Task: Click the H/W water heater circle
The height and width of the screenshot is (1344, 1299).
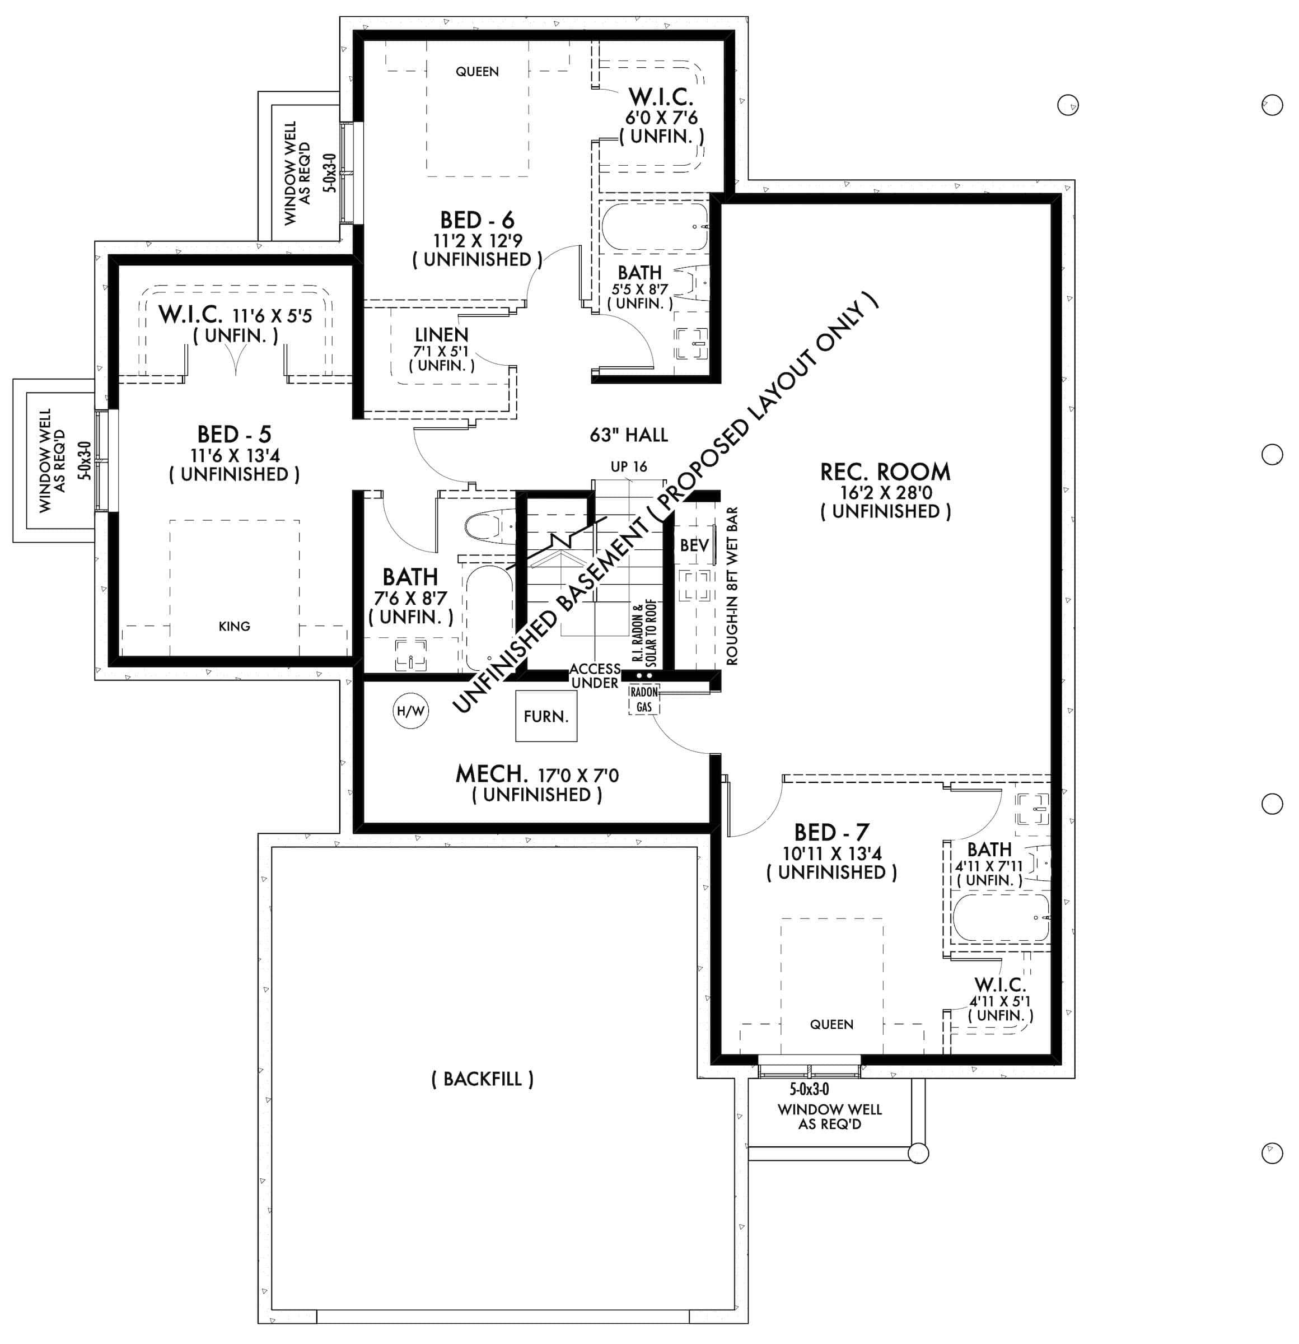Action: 410,711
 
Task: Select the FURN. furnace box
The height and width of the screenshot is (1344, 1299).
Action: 546,716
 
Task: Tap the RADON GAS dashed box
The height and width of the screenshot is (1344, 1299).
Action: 644,699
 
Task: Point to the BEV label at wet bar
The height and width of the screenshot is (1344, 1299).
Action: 694,545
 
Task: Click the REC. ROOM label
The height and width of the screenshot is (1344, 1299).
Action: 885,472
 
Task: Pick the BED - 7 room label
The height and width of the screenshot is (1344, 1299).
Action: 831,832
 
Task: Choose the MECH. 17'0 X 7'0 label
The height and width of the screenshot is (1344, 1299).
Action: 537,775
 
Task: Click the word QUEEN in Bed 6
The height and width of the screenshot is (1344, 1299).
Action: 477,71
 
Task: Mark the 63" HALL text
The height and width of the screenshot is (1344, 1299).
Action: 629,435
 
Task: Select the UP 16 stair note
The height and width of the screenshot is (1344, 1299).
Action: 629,467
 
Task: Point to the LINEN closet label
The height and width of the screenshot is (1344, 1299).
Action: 441,335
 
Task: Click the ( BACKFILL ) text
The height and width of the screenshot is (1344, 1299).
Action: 482,1079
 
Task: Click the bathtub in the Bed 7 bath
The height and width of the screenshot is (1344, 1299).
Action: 1000,917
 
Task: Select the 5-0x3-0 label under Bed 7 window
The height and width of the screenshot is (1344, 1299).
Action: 809,1089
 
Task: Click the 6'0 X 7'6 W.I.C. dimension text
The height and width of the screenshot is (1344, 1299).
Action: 661,117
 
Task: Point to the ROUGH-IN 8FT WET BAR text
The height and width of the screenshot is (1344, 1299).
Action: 732,586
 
